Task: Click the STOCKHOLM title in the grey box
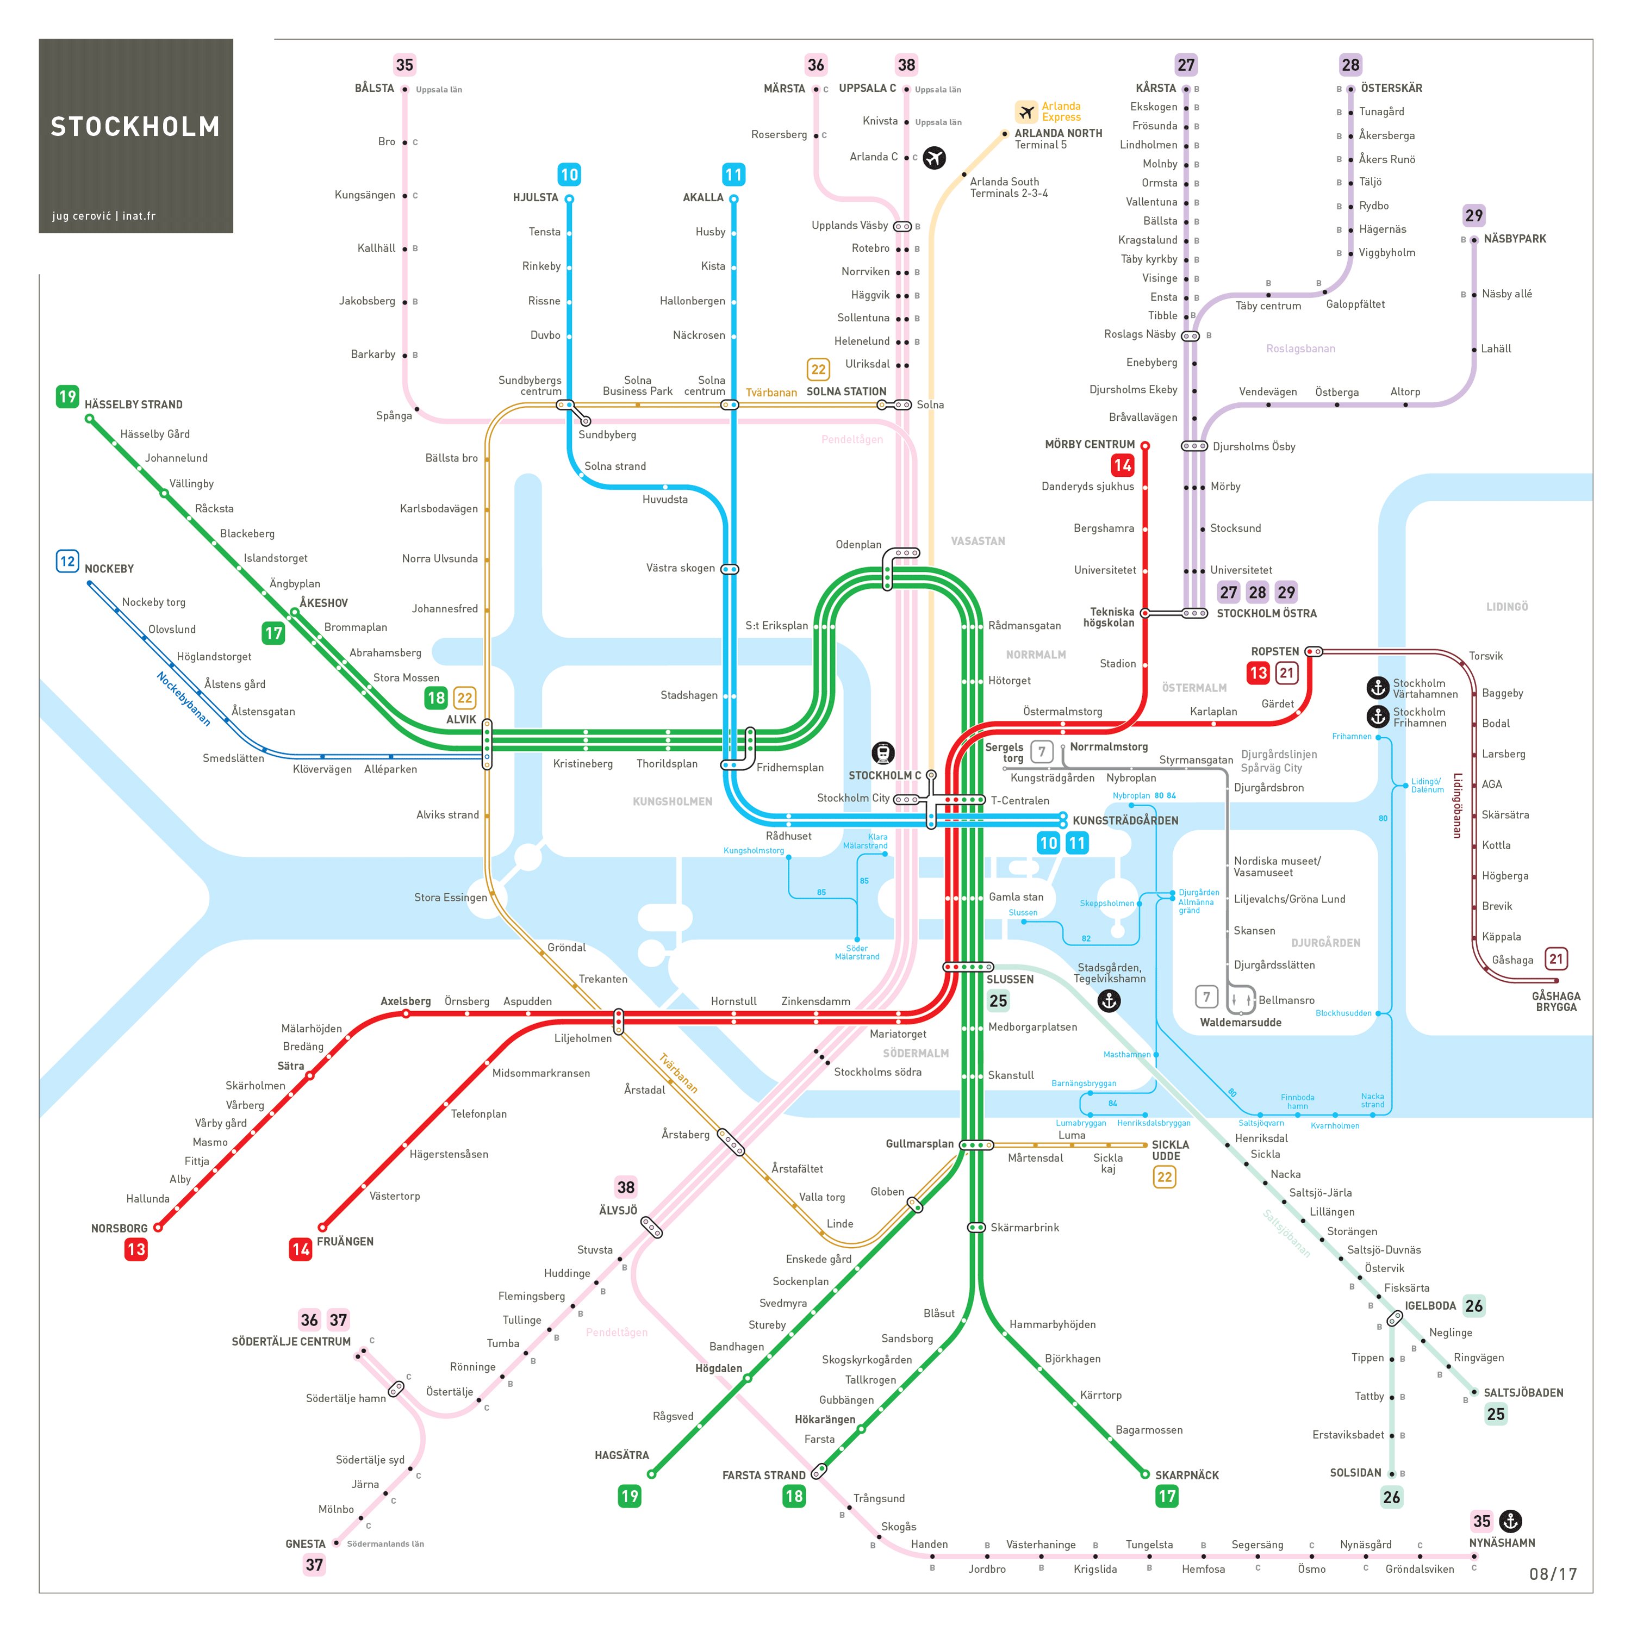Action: coord(135,127)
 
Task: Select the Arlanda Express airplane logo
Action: coord(1026,111)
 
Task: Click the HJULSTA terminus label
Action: coord(535,197)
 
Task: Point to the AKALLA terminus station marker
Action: coord(733,199)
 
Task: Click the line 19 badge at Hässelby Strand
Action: coord(67,397)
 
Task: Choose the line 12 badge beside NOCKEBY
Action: coord(67,562)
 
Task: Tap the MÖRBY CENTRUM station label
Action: coord(1089,444)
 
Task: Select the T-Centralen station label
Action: coord(1020,800)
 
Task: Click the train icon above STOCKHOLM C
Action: coord(883,753)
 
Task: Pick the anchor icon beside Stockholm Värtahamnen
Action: coord(1378,688)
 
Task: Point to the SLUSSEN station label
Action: coord(1010,979)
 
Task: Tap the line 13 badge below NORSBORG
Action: coord(136,1249)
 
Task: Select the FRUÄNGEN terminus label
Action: coord(345,1241)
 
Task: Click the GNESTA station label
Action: coord(305,1544)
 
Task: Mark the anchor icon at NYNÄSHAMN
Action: coord(1510,1521)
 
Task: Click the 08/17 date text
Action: coord(1553,1573)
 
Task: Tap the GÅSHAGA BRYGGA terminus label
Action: coord(1556,1001)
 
